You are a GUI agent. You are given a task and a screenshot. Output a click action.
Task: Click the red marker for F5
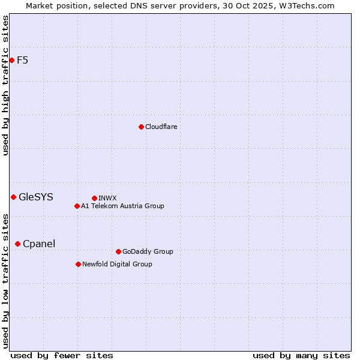point(11,60)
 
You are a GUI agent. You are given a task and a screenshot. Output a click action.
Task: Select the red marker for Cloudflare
point(141,127)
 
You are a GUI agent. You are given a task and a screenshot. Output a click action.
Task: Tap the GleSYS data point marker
point(13,197)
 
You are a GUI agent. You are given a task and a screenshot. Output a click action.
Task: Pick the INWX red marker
point(94,198)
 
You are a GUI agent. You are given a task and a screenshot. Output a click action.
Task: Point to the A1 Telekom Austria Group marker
point(77,206)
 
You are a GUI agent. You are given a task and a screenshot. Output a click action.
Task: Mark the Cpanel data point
point(17,244)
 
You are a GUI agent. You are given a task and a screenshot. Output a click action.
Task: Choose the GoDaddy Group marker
point(118,251)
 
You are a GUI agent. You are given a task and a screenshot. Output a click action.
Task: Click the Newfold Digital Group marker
point(78,264)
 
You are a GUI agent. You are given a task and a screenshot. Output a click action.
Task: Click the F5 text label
point(22,60)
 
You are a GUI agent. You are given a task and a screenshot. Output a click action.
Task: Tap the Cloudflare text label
point(161,127)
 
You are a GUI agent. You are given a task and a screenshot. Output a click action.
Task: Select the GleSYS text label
point(36,197)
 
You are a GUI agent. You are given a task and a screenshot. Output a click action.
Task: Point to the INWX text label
point(107,198)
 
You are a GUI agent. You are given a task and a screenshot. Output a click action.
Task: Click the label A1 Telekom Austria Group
point(122,206)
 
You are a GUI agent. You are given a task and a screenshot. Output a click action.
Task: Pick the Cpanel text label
point(39,244)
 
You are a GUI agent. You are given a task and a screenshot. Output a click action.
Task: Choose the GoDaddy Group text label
point(148,251)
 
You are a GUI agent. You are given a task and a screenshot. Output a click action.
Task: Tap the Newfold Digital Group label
point(117,264)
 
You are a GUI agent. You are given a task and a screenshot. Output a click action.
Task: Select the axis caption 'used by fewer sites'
point(62,355)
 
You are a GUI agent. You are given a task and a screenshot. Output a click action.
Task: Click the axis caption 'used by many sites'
point(301,355)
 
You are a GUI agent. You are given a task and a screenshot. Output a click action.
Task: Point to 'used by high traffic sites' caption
point(6,85)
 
